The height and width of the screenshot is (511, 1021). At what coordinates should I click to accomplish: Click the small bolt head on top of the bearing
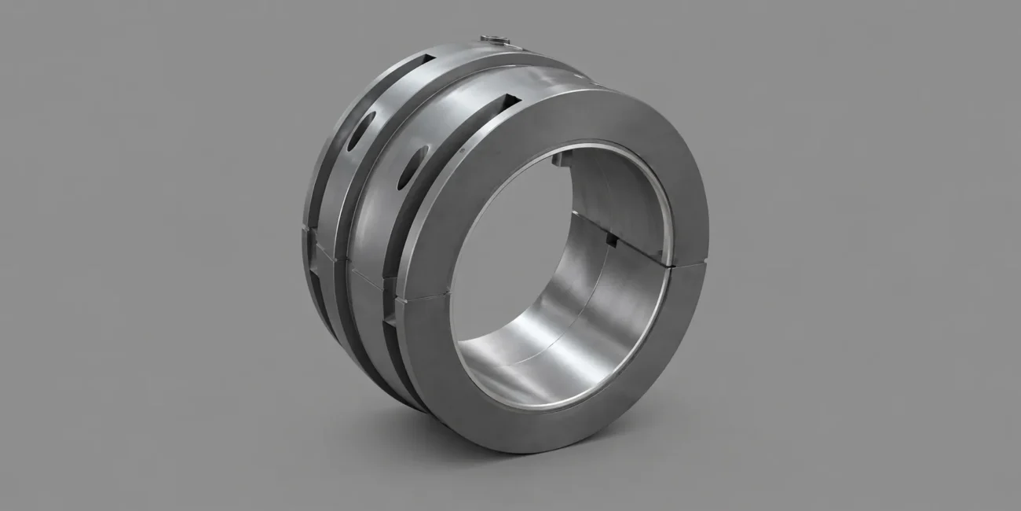click(495, 39)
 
